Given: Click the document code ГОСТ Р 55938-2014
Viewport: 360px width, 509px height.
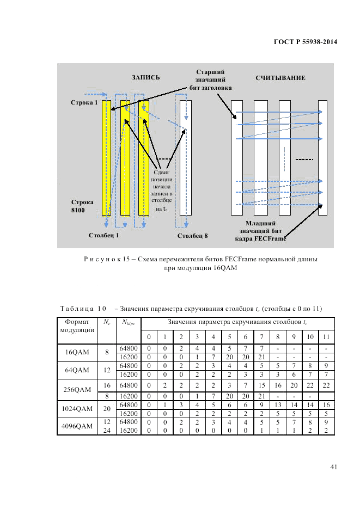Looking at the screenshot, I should (303, 41).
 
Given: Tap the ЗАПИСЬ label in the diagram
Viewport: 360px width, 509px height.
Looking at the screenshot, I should (145, 78).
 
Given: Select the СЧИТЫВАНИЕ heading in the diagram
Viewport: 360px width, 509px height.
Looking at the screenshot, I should (280, 78).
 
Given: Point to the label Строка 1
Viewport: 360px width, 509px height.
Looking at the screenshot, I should (84, 102).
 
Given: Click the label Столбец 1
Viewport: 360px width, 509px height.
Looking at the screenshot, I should (103, 236).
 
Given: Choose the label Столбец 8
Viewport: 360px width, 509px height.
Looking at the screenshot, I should (192, 236).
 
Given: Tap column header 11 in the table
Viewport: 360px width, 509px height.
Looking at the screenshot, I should (326, 337).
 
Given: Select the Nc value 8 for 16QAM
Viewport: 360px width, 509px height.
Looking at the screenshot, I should (107, 352).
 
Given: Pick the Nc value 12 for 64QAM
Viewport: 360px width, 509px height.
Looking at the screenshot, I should (107, 370).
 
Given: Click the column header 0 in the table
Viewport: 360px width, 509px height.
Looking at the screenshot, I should (149, 337).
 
